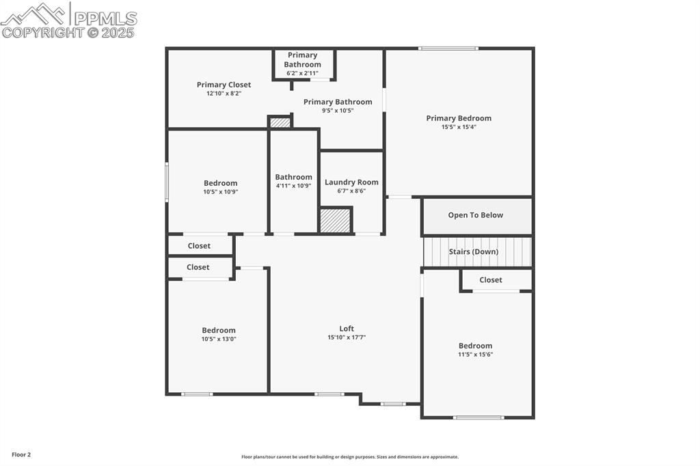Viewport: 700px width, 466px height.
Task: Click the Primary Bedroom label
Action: (459, 118)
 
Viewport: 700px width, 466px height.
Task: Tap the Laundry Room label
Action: (351, 182)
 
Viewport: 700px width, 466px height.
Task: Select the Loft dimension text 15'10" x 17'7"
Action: (347, 337)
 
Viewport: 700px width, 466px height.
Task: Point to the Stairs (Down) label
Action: (473, 251)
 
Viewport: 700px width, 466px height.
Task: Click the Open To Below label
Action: (475, 215)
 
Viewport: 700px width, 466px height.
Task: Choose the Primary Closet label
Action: (224, 85)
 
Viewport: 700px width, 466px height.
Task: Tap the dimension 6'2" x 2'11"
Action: (302, 73)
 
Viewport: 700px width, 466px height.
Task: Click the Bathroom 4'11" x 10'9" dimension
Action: (293, 186)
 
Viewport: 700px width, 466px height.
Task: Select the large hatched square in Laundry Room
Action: (336, 221)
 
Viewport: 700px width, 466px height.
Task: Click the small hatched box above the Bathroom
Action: (280, 123)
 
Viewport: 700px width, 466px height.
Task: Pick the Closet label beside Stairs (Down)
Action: (490, 280)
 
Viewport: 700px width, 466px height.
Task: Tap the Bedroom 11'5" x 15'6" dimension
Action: (475, 355)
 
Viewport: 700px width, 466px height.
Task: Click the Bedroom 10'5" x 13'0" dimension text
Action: (219, 339)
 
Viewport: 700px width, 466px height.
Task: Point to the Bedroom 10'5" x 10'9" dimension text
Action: (220, 192)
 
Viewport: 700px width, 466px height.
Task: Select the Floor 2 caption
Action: (21, 454)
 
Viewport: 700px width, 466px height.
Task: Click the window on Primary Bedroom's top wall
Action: (448, 49)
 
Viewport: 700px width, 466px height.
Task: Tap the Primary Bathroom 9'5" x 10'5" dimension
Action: (338, 111)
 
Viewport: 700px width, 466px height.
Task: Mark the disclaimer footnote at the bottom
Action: (350, 457)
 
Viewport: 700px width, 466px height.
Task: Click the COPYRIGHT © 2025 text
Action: (68, 32)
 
